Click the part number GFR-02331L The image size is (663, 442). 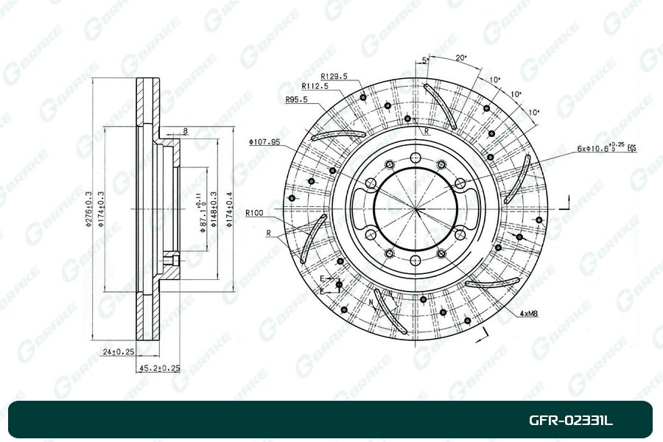[570, 421]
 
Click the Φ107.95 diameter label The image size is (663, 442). [264, 142]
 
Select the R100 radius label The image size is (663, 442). [255, 213]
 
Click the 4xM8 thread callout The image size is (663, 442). [528, 314]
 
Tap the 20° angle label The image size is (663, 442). [461, 57]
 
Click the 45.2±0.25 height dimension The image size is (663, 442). [158, 367]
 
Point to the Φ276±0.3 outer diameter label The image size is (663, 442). [90, 209]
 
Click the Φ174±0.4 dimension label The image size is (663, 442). [230, 209]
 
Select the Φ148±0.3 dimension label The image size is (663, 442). [214, 209]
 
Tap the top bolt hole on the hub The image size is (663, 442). [416, 158]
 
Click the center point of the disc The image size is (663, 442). [416, 210]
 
